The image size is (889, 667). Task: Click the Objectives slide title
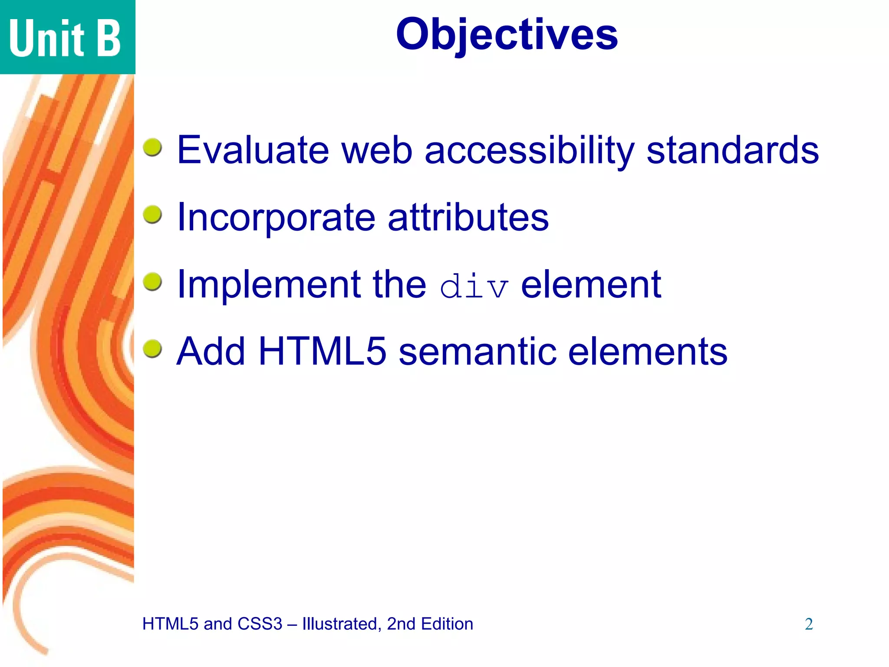(x=507, y=35)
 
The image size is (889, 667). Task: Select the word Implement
(x=270, y=284)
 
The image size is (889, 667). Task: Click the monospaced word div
(x=474, y=287)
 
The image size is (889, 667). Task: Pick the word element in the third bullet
(x=591, y=284)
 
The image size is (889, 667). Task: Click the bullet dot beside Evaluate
(x=152, y=147)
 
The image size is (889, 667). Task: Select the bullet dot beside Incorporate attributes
(x=152, y=215)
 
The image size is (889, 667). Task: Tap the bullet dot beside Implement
(x=152, y=282)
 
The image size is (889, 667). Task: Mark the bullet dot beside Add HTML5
(x=152, y=349)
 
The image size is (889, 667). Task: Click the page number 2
(x=809, y=624)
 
